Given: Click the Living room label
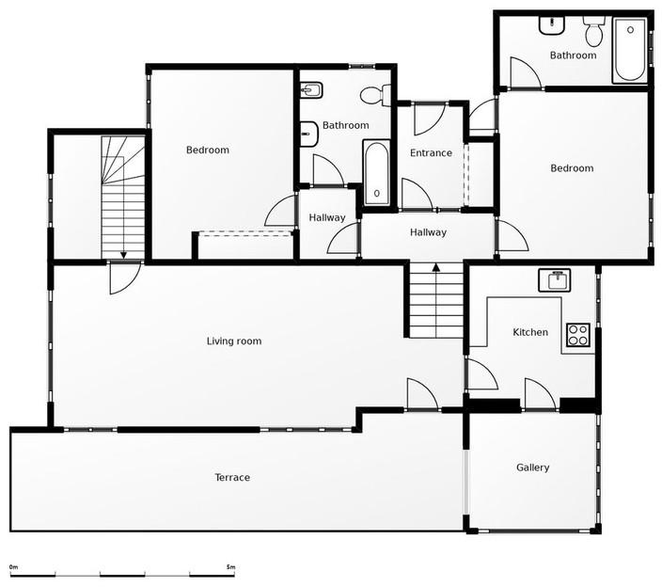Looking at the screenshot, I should point(233,341).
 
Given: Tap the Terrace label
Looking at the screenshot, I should point(232,477).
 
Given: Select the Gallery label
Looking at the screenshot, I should point(532,468).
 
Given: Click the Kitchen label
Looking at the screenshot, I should point(529,332).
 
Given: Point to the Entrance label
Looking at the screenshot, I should point(431,152).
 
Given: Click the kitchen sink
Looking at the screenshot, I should point(555,279).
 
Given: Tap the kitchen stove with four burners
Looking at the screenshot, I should point(577,334).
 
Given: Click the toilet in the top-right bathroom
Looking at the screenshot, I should point(593,32).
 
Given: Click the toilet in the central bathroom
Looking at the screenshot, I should point(373,94).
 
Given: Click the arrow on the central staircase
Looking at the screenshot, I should point(436,268).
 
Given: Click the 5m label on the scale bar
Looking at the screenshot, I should point(230,567).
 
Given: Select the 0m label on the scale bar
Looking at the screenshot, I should point(13,567).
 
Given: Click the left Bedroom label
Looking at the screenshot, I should point(207,150).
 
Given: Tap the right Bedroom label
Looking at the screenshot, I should point(572,167).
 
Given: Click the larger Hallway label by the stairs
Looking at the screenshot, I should point(428,231).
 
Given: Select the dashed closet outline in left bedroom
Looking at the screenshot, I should point(244,233).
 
